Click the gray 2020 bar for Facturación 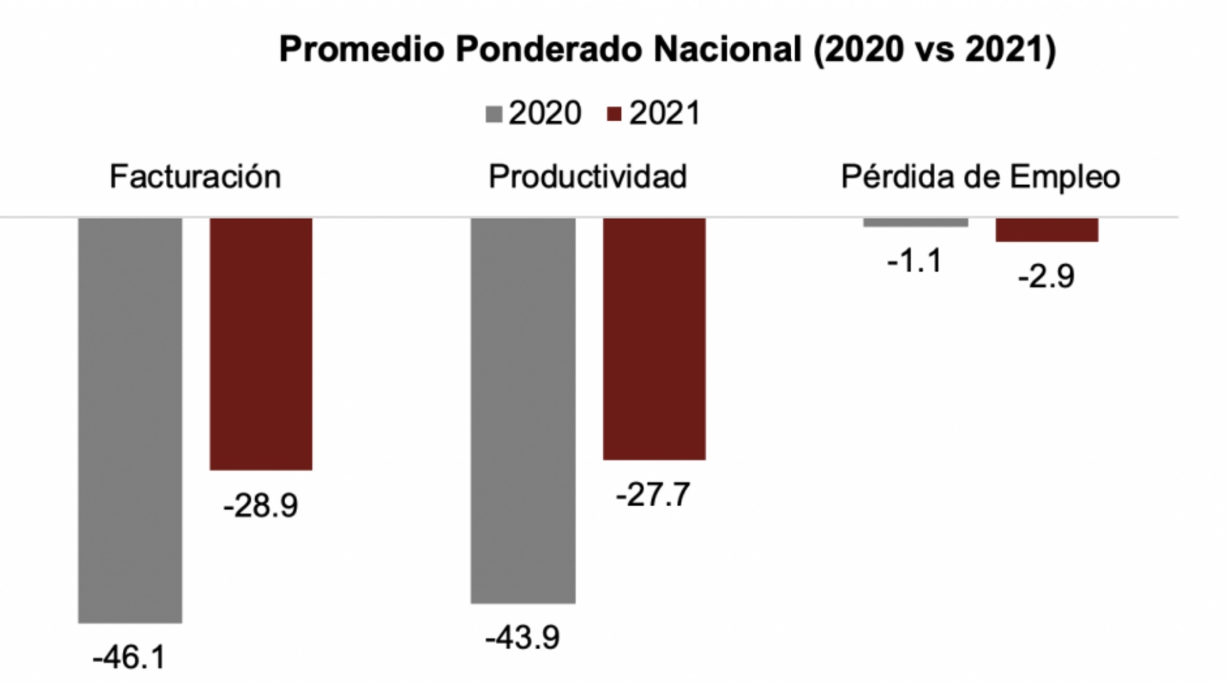[130, 420]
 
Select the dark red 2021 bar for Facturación [261, 343]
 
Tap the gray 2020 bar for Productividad [523, 410]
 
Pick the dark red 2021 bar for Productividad [654, 338]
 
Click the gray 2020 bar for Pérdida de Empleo [916, 222]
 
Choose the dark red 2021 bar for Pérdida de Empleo [1047, 230]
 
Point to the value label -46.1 [129, 657]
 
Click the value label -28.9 [261, 505]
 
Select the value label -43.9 [523, 637]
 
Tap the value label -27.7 [653, 495]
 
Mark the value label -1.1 [914, 261]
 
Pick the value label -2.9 [1046, 277]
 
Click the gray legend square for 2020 [494, 115]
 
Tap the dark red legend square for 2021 [615, 115]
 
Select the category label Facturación [195, 177]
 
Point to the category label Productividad [587, 177]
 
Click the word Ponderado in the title [549, 50]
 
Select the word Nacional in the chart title [728, 50]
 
